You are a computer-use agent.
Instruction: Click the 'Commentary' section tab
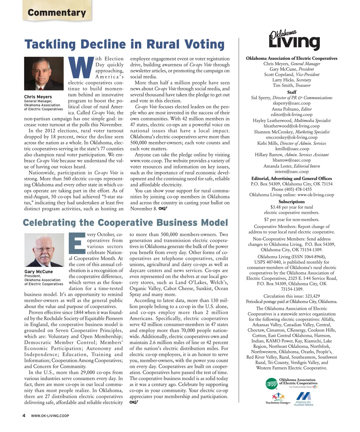coord(57,13)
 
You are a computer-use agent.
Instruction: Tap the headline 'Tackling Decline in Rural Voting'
coord(124,44)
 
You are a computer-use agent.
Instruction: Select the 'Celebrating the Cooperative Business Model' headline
coord(125,223)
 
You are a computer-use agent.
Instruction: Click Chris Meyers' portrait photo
coord(44,74)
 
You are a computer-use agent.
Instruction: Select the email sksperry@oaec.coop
coord(291,103)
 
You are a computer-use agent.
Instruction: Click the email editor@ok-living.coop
coord(291,115)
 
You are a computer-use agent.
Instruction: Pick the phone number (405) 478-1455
coord(291,189)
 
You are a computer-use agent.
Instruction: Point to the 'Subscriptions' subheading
coord(291,202)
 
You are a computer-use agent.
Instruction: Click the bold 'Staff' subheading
coord(292,92)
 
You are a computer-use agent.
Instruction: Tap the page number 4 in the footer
coord(24,415)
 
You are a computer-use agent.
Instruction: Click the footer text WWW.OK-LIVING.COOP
coord(50,416)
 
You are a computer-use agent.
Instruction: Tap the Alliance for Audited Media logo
coord(304,399)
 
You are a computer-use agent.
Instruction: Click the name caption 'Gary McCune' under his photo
coord(38,271)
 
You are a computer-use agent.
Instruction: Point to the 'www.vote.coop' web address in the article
coord(145,161)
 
